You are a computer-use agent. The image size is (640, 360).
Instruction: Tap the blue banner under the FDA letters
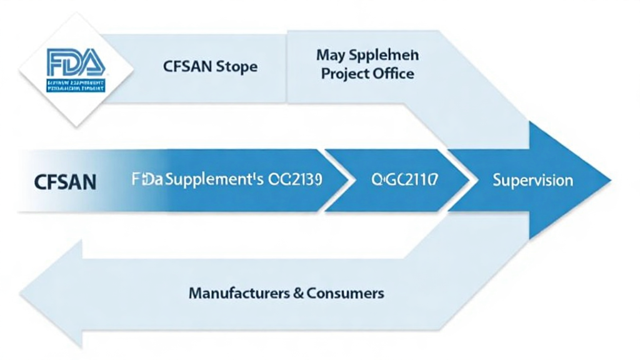76,86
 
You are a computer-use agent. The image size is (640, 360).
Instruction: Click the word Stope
236,66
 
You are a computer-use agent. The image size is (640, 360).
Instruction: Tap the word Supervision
532,181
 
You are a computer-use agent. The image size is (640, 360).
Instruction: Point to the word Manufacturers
239,292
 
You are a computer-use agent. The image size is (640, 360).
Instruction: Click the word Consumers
346,292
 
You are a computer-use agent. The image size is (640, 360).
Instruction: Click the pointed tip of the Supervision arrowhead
609,181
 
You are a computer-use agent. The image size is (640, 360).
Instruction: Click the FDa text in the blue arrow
147,181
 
